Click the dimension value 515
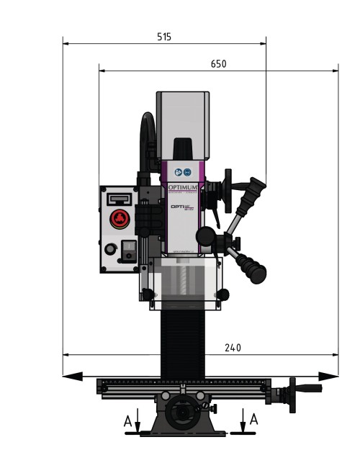(x=163, y=37)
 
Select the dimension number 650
(x=218, y=64)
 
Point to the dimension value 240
(x=232, y=348)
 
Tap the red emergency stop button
(x=119, y=219)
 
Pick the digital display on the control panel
(x=119, y=197)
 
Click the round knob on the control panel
(x=109, y=249)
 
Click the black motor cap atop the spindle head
(x=184, y=148)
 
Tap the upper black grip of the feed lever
(x=256, y=189)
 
